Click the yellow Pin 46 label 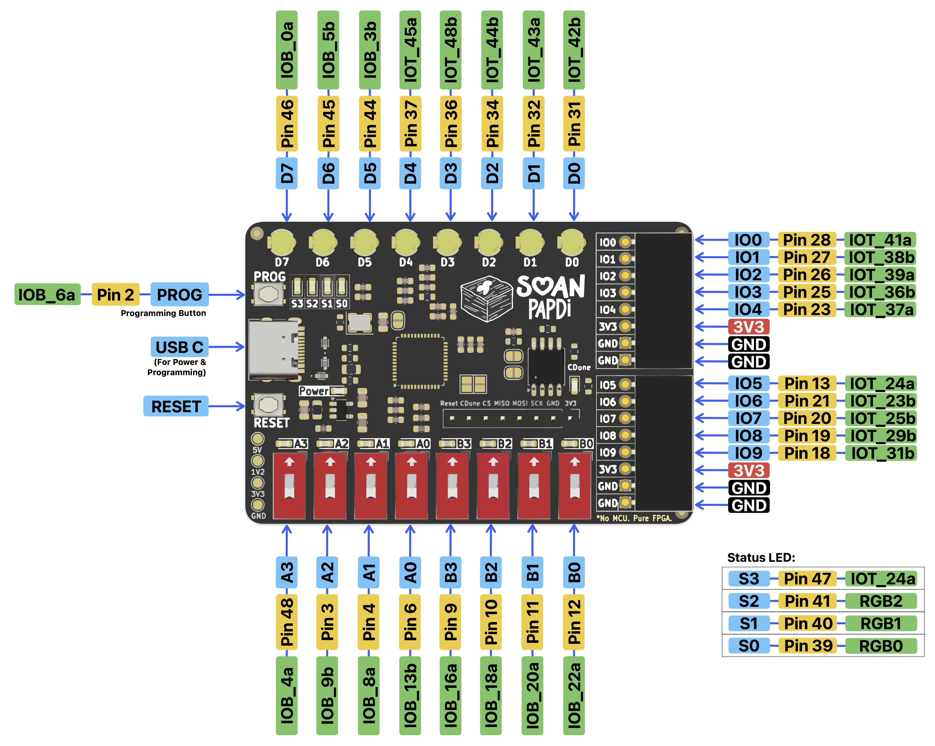(287, 124)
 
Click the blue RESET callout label (176, 406)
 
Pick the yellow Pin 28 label (807, 240)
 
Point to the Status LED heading (761, 557)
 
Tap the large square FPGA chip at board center (420, 361)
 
